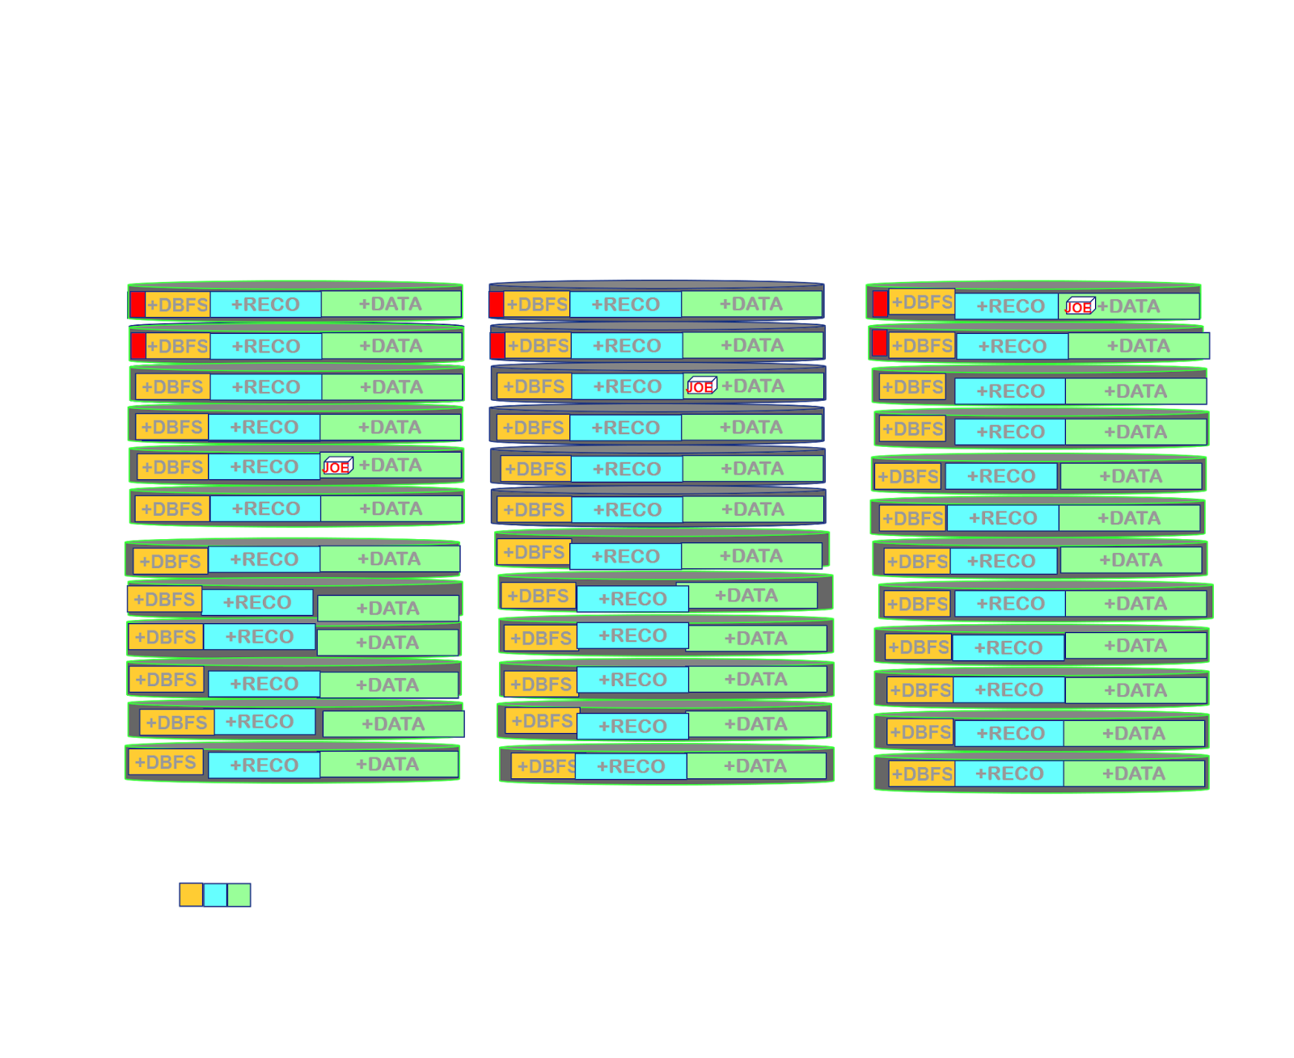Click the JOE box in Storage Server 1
336,466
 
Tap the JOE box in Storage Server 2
700,386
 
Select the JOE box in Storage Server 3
1079,306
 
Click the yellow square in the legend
191,895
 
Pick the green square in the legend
239,895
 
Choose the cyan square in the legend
215,895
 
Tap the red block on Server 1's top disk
137,305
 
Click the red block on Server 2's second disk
497,346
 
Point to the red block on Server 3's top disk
880,304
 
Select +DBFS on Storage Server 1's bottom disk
166,762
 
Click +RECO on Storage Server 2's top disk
625,305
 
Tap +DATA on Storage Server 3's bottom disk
1133,773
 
